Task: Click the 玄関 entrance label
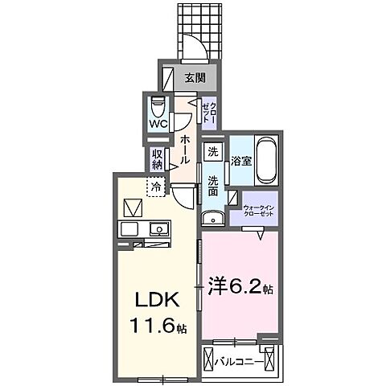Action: point(194,78)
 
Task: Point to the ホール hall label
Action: point(185,149)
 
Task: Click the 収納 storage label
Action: point(156,158)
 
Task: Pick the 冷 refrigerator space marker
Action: point(155,188)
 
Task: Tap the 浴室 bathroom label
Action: point(240,159)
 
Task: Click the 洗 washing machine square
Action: point(212,151)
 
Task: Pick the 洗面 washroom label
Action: point(212,186)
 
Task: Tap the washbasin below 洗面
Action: point(212,218)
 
